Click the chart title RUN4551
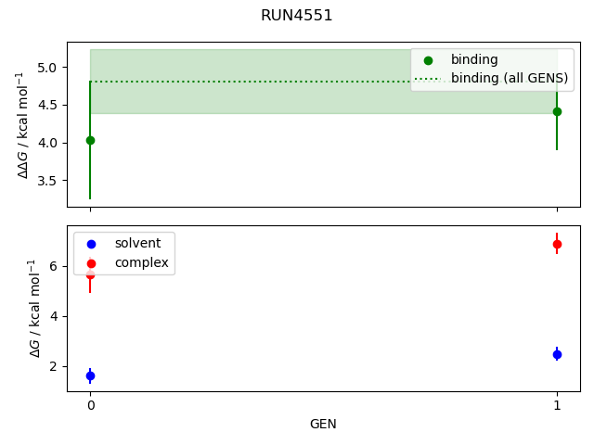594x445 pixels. tap(296, 16)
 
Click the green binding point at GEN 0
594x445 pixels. tap(90, 140)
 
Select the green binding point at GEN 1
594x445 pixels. tap(557, 111)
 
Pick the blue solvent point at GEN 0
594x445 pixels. tap(90, 375)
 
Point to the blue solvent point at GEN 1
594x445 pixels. tap(557, 354)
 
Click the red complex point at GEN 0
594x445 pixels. tap(90, 275)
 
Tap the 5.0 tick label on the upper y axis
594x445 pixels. tap(49, 68)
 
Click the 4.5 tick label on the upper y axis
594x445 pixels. tap(49, 106)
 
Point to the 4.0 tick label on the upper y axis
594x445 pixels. tap(49, 143)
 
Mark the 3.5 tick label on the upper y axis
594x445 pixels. tap(49, 181)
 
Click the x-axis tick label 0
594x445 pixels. tap(90, 405)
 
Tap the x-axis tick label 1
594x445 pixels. tap(557, 405)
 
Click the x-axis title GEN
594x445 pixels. tap(323, 424)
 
